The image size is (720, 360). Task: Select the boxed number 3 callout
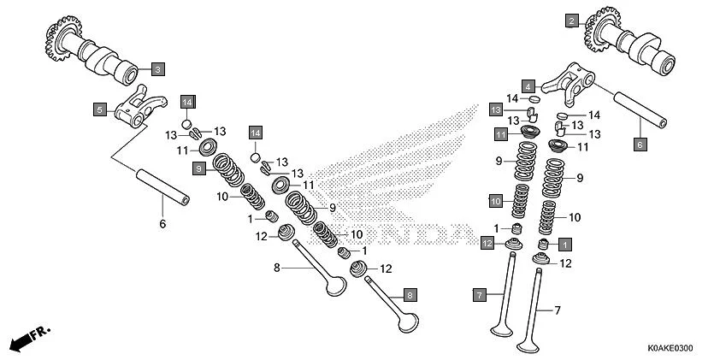[x=159, y=68]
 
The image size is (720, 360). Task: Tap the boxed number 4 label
[x=529, y=86]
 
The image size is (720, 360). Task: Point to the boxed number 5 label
[x=99, y=109]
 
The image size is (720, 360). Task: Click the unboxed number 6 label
[x=163, y=224]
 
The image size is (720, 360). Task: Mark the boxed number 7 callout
[x=481, y=294]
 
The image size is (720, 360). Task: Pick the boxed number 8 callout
[x=410, y=295]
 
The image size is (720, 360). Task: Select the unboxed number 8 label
[x=276, y=269]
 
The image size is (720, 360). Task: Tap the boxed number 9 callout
[x=198, y=169]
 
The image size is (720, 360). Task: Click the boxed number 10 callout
[x=495, y=201]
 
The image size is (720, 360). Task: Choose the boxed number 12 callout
[x=487, y=244]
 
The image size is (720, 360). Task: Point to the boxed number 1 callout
[x=565, y=244]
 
